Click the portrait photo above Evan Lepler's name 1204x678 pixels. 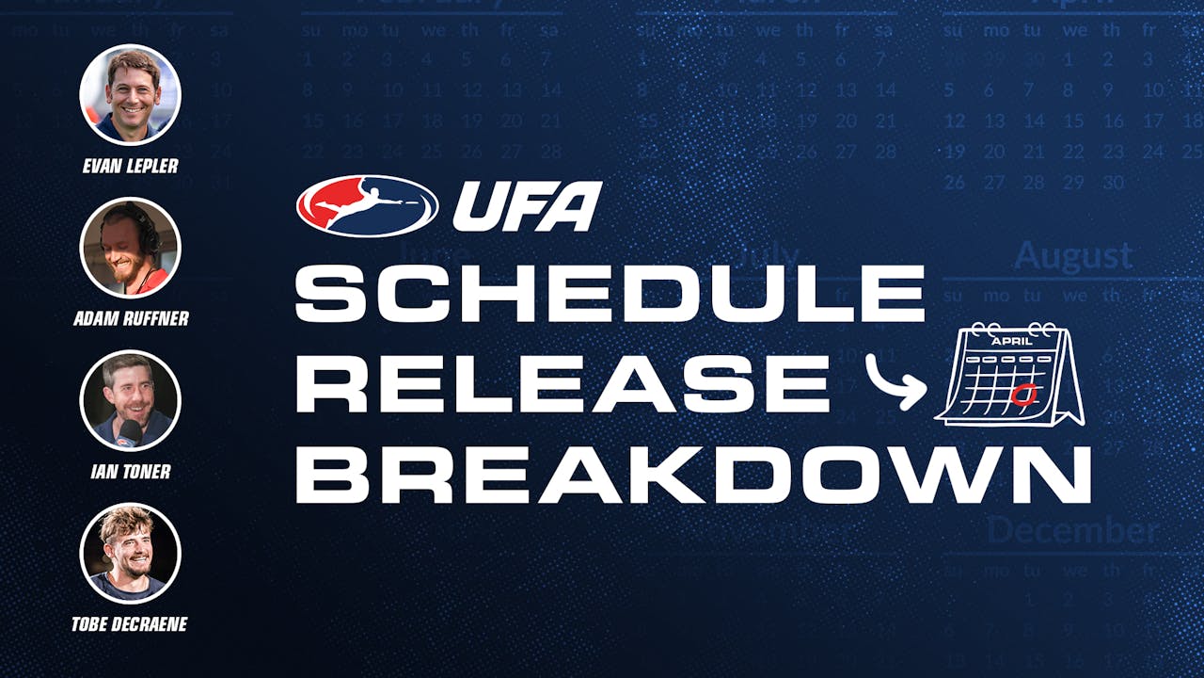click(130, 94)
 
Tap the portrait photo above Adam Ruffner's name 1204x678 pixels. click(130, 248)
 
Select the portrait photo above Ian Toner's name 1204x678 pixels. click(130, 400)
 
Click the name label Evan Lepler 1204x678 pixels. click(130, 167)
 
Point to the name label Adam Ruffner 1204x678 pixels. click(131, 319)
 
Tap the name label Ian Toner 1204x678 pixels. click(130, 471)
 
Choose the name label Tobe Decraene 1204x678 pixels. click(131, 624)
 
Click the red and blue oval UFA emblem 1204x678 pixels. click(368, 205)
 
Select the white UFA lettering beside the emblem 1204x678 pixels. click(527, 206)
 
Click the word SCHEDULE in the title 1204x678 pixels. click(610, 294)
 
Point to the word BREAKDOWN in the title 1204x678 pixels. click(693, 474)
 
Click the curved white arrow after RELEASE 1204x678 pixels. click(895, 383)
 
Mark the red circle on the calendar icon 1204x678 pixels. click(1024, 393)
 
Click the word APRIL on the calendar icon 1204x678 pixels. click(1011, 341)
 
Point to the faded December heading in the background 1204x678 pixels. click(1072, 530)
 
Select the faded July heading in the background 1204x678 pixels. click(767, 255)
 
